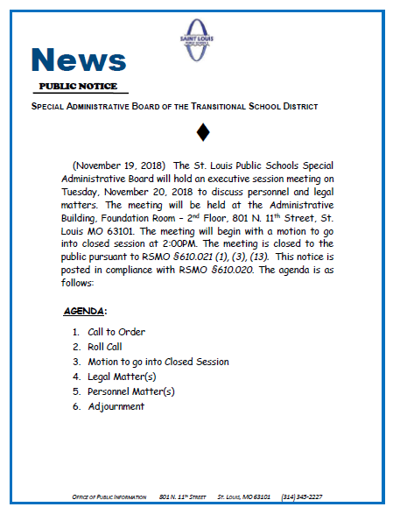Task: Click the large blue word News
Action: click(78, 60)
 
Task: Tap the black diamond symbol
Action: click(202, 133)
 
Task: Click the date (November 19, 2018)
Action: click(119, 165)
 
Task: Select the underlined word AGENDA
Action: click(84, 312)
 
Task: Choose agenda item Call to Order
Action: click(116, 332)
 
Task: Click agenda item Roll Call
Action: click(106, 347)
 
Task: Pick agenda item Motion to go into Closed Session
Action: click(158, 362)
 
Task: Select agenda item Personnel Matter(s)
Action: click(130, 391)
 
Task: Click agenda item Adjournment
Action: click(116, 406)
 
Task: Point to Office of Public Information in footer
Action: click(109, 497)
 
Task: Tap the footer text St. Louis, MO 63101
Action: click(244, 497)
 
